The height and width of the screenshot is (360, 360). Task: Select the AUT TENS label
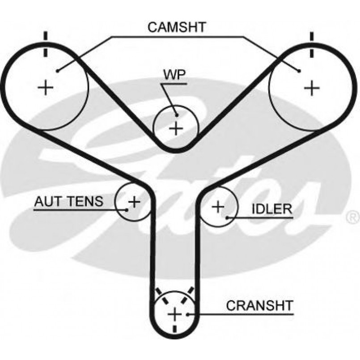pos(68,201)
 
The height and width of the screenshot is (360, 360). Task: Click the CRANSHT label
pos(259,306)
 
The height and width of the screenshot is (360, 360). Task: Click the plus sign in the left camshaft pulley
pos(45,87)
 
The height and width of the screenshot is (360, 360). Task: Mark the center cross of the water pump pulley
pos(176,128)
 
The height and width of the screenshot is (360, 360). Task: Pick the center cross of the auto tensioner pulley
pos(134,202)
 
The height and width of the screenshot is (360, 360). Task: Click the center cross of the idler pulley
pos(218,207)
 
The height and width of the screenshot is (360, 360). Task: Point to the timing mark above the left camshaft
pos(45,45)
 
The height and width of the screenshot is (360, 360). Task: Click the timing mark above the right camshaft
pos(312,45)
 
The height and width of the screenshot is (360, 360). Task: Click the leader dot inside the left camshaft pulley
pos(58,70)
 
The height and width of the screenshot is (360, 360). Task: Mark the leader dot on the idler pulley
pos(228,218)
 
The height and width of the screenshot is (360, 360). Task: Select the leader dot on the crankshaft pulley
pos(190,314)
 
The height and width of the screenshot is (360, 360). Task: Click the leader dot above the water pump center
pos(176,114)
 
